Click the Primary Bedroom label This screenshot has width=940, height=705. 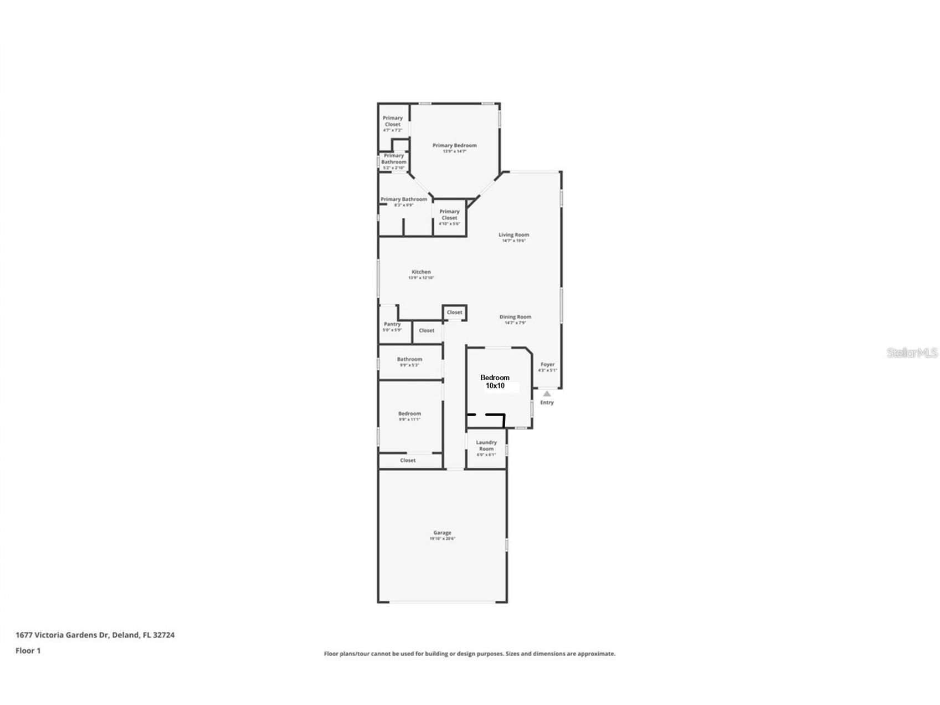[454, 146]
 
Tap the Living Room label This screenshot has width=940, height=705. [513, 235]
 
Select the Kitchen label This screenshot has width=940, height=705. [421, 272]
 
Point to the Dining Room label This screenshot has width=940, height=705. [515, 317]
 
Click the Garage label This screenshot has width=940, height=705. [442, 533]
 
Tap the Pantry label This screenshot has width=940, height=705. [392, 324]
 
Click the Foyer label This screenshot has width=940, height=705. [547, 365]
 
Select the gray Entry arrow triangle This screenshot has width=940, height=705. [547, 394]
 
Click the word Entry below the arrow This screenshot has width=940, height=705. [547, 402]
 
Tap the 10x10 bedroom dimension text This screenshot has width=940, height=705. [495, 386]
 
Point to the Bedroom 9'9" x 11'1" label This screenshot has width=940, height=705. [409, 414]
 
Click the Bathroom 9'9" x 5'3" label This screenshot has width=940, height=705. [409, 360]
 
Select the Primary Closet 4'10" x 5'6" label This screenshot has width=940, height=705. [449, 215]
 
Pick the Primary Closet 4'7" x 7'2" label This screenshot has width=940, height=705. [393, 121]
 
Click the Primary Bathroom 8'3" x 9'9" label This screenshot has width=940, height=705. [403, 200]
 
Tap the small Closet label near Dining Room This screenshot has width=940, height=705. [454, 312]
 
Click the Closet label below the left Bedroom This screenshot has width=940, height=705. [408, 461]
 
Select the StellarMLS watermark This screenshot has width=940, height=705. [912, 353]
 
